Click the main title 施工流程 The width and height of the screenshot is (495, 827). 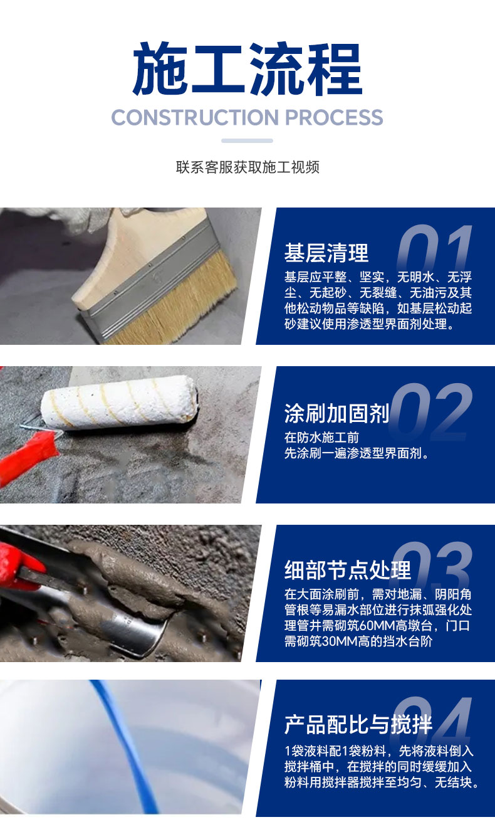coord(247,69)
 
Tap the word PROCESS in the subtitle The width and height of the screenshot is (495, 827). coord(334,117)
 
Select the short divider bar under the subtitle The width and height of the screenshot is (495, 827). coord(247,140)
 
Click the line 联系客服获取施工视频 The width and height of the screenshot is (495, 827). coord(247,167)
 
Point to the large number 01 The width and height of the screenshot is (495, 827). coord(434,249)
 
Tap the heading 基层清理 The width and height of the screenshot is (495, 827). coord(326,253)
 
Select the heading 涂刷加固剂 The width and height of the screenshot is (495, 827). coord(336,413)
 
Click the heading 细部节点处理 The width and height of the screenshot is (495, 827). coord(348,570)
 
